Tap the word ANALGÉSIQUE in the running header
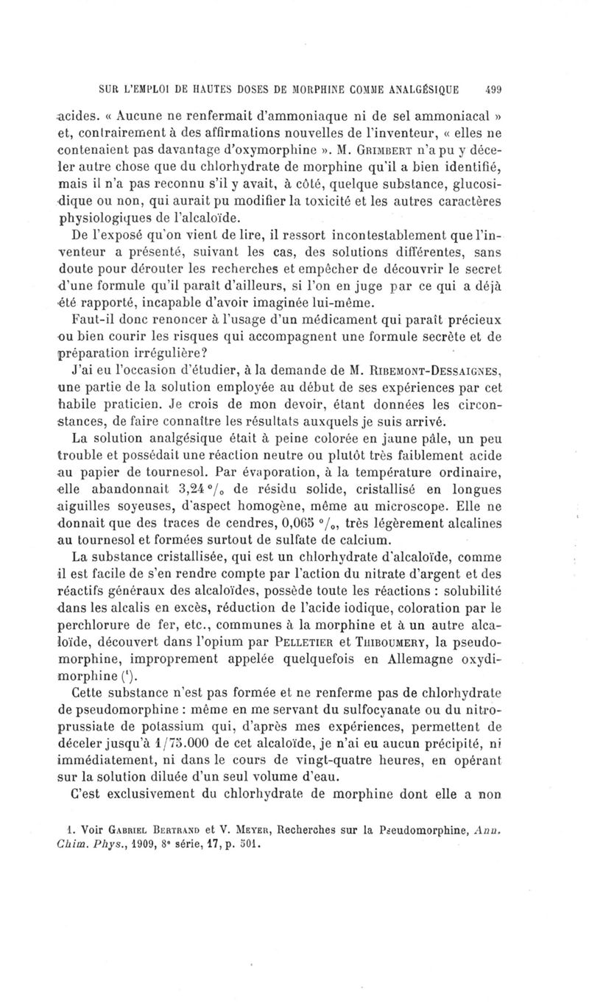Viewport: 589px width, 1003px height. (x=423, y=90)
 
